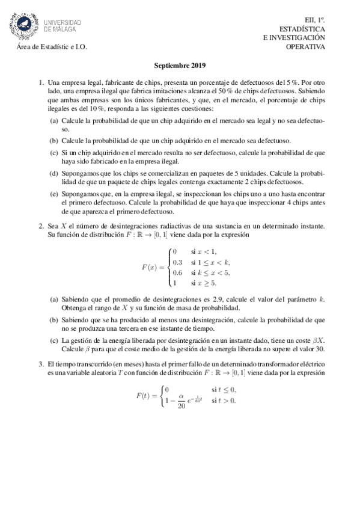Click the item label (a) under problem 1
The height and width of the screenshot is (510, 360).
(x=54, y=121)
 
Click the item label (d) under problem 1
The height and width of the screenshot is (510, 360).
(x=54, y=173)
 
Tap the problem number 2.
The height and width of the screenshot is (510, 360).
(x=41, y=226)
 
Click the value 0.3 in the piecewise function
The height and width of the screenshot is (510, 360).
(x=177, y=262)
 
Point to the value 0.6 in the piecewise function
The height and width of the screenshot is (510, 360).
(x=177, y=272)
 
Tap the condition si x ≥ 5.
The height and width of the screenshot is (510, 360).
(x=204, y=283)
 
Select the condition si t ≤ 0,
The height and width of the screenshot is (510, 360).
(x=224, y=389)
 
